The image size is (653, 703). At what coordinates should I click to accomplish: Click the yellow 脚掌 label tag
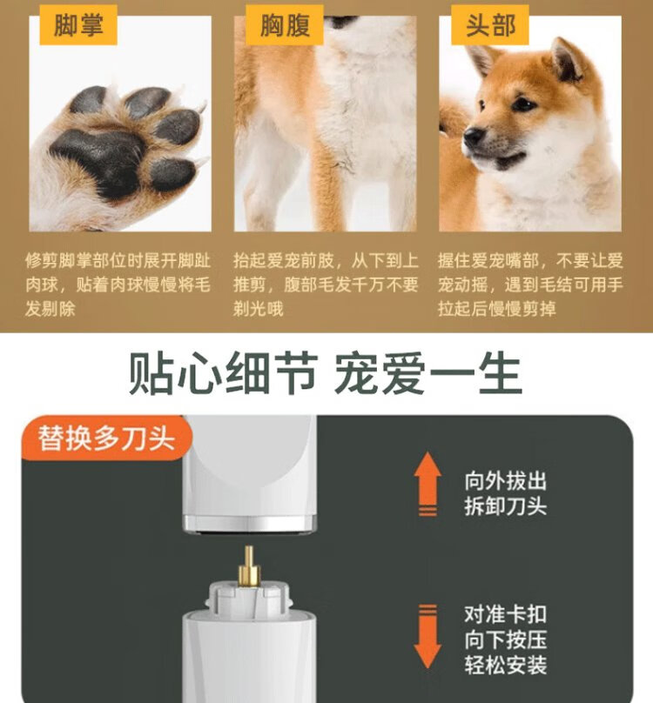pyautogui.click(x=78, y=25)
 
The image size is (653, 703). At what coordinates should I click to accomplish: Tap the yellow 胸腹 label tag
pyautogui.click(x=285, y=25)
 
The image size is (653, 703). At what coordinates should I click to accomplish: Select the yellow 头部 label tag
pyautogui.click(x=490, y=25)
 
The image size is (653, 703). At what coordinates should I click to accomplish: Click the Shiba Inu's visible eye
pyautogui.click(x=523, y=105)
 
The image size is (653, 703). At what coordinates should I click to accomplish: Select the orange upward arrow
pyautogui.click(x=427, y=484)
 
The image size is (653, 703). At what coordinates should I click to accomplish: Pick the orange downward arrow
pyautogui.click(x=427, y=636)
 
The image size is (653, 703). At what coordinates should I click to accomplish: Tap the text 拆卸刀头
pyautogui.click(x=506, y=506)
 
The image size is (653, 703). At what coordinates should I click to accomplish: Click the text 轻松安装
pyautogui.click(x=506, y=665)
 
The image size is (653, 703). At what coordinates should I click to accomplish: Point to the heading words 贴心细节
pyautogui.click(x=224, y=373)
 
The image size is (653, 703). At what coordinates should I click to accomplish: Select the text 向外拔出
pyautogui.click(x=506, y=481)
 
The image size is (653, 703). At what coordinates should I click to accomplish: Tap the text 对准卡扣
pyautogui.click(x=506, y=614)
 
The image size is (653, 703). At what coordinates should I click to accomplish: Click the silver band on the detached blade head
pyautogui.click(x=250, y=522)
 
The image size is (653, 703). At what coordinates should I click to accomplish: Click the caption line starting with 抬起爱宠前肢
pyautogui.click(x=326, y=260)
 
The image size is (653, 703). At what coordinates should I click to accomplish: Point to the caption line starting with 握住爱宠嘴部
pyautogui.click(x=530, y=260)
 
